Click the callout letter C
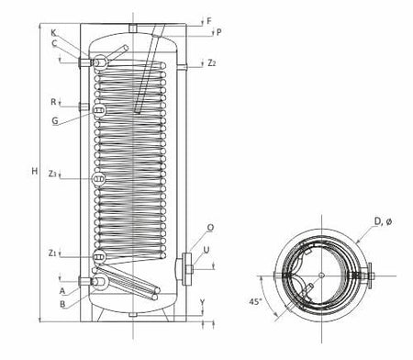54,43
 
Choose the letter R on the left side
54,102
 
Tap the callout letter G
54,120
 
